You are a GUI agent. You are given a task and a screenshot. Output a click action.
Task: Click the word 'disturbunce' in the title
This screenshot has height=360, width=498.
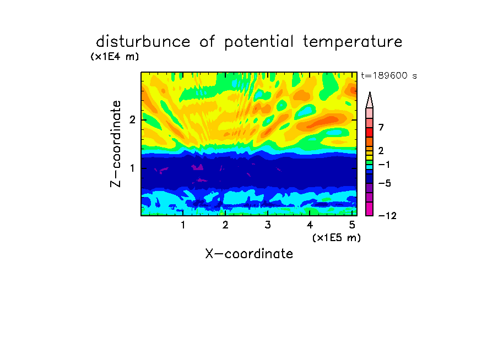[x=143, y=42]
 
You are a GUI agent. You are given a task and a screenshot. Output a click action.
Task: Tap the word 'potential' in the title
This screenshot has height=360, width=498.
[x=258, y=42]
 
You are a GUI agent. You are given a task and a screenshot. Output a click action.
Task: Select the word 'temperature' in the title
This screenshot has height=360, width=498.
[x=353, y=42]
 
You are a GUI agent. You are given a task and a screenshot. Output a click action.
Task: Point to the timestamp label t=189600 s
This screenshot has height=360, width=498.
[x=389, y=75]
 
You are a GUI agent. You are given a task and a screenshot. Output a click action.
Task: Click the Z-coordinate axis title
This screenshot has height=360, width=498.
[x=116, y=144]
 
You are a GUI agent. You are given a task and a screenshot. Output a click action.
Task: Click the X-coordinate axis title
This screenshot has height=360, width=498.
[x=249, y=254]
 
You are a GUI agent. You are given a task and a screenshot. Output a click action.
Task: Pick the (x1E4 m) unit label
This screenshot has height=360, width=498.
[x=115, y=57]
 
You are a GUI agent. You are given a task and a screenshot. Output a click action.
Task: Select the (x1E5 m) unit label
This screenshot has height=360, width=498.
[x=337, y=237]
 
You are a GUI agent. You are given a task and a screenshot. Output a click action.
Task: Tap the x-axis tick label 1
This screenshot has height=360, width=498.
[x=183, y=225]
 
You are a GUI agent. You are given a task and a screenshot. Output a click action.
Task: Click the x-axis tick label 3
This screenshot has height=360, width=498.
[x=268, y=225]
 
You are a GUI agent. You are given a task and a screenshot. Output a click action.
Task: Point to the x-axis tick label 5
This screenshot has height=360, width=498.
[x=352, y=225]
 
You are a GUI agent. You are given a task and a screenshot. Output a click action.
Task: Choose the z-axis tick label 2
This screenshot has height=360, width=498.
[x=132, y=120]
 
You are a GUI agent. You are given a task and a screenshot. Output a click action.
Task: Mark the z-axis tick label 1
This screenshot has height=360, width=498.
[x=132, y=168]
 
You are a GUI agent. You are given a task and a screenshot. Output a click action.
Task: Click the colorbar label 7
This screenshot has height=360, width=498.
[x=381, y=128]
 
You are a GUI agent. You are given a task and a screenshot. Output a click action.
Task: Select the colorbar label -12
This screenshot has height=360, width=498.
[x=387, y=216]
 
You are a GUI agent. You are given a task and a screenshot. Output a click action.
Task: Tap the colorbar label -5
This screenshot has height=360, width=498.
[x=385, y=183]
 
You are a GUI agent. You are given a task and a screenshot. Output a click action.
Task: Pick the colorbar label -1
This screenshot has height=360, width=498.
[x=384, y=165]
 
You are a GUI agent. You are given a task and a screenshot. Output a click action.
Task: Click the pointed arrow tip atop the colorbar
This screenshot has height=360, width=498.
[x=370, y=92]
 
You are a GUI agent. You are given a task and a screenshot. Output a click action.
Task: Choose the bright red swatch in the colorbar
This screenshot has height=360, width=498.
[x=370, y=132]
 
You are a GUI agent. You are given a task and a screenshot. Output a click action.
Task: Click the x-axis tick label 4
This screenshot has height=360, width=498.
[x=310, y=225]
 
